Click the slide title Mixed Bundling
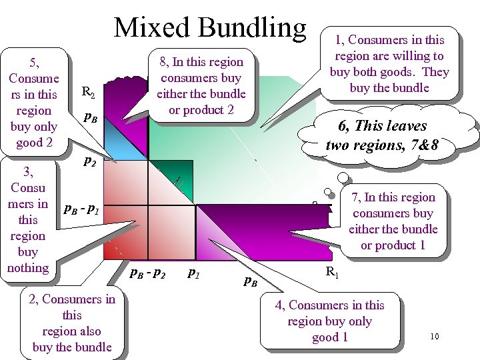210,27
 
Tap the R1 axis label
331,271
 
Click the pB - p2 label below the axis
147,273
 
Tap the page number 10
434,336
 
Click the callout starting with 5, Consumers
33,102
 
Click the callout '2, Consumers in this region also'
72,323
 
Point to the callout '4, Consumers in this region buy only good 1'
331,321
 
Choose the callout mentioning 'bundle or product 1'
393,221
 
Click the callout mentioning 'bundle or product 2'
201,85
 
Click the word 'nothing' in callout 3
28,268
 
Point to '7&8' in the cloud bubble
425,144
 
